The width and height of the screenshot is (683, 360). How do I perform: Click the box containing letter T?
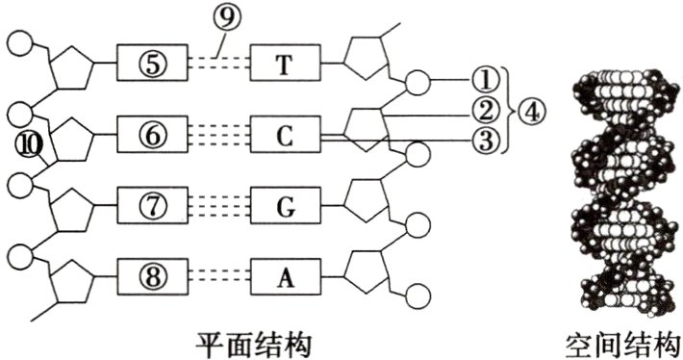284,64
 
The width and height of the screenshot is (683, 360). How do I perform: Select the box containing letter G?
284,205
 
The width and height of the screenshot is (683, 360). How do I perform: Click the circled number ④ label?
530,111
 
